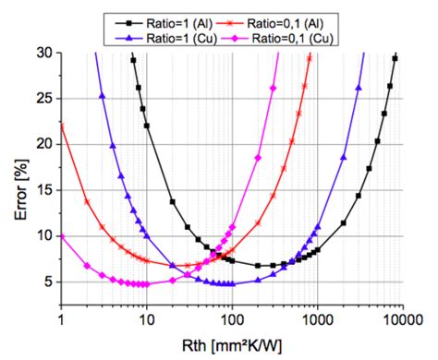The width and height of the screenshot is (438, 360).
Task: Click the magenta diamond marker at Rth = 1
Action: pos(62,236)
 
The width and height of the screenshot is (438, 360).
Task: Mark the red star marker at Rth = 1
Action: pos(62,124)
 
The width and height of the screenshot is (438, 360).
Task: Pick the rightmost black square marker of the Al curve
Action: pos(395,58)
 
